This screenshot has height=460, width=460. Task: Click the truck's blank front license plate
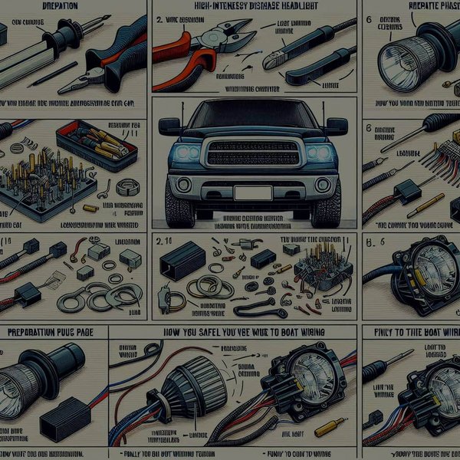tap(252, 192)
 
